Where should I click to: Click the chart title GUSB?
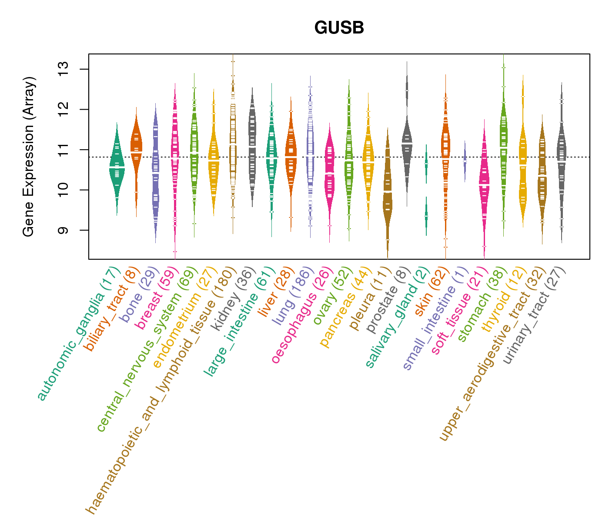tap(339, 28)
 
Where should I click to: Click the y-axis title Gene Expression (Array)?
tap(29, 157)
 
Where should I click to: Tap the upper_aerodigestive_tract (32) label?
tap(490, 355)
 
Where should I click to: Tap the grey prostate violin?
tap(407, 144)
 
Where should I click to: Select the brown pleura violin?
tap(388, 196)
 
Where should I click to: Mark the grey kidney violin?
tap(252, 148)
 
